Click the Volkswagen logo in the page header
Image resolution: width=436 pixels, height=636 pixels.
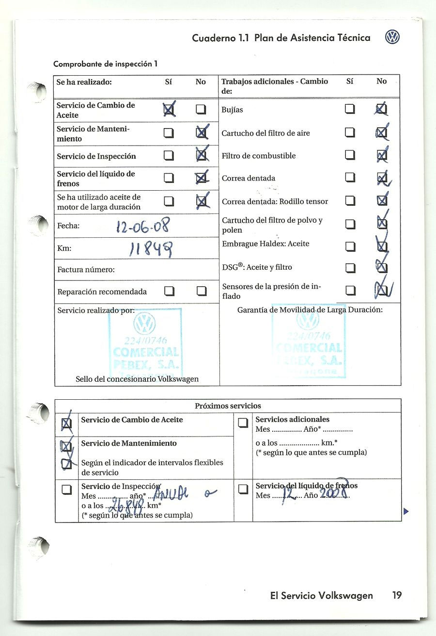[x=392, y=37]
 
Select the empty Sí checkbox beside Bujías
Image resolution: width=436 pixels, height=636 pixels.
[x=350, y=110]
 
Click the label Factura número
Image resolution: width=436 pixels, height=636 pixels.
[x=86, y=269]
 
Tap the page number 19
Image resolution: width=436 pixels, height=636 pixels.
[x=397, y=595]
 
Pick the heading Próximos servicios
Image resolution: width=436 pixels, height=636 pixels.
[x=228, y=406]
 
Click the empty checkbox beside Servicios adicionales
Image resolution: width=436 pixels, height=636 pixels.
[x=243, y=424]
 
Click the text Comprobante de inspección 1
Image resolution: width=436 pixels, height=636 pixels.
[x=105, y=64]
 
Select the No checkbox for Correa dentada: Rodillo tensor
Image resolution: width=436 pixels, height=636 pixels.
[x=382, y=201]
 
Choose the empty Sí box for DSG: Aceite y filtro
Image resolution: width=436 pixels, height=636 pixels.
[x=350, y=267]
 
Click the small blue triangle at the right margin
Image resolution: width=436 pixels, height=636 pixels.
[x=406, y=511]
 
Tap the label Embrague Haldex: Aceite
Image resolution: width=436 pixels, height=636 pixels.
[x=265, y=244]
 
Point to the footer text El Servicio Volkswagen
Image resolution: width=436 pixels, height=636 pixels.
[x=321, y=596]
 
